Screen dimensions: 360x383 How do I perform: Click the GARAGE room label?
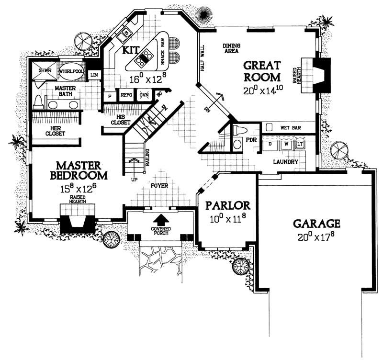coord(316,223)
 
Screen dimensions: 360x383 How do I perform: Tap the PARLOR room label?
coord(228,206)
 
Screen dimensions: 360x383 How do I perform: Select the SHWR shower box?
coord(45,72)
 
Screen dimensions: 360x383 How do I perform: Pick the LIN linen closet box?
coord(94,75)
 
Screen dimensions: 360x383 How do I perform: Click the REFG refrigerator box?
coord(126,95)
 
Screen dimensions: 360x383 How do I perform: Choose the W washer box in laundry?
coord(286,144)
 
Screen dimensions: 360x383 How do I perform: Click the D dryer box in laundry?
coord(270,144)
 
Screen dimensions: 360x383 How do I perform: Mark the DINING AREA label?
coord(231,48)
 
